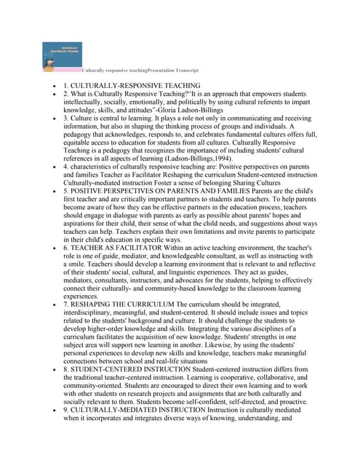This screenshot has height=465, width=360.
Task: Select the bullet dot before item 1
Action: [x=53, y=86]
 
